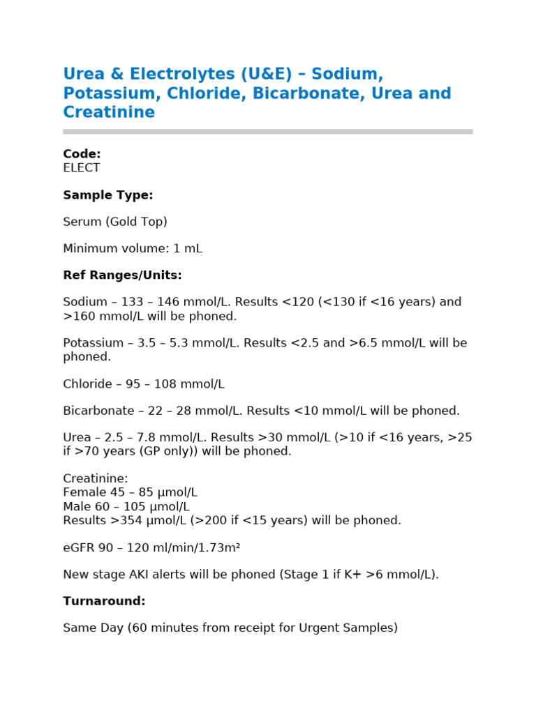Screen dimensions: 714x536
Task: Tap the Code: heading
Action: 82,154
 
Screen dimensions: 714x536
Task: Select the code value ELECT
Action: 81,168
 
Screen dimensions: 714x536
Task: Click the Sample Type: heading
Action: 107,195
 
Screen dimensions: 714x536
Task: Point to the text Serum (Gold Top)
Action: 115,222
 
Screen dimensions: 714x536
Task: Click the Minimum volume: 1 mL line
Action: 133,248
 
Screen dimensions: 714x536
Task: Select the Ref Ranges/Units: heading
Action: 122,275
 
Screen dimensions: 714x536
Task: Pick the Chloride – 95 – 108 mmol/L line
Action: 144,384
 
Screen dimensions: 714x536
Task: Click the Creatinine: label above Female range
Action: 96,478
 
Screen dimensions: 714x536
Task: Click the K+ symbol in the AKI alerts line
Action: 352,575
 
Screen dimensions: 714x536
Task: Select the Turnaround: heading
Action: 104,601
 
